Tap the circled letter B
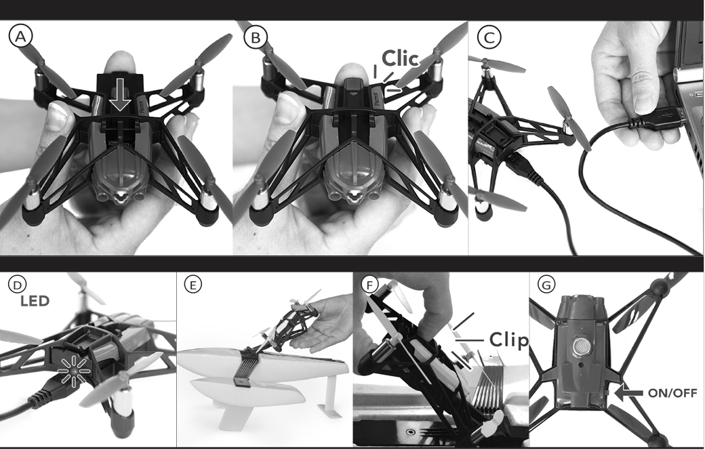255,37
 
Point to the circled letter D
15,285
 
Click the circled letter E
194,285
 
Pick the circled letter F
369,285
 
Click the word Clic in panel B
401,57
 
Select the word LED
34,301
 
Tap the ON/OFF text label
673,392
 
